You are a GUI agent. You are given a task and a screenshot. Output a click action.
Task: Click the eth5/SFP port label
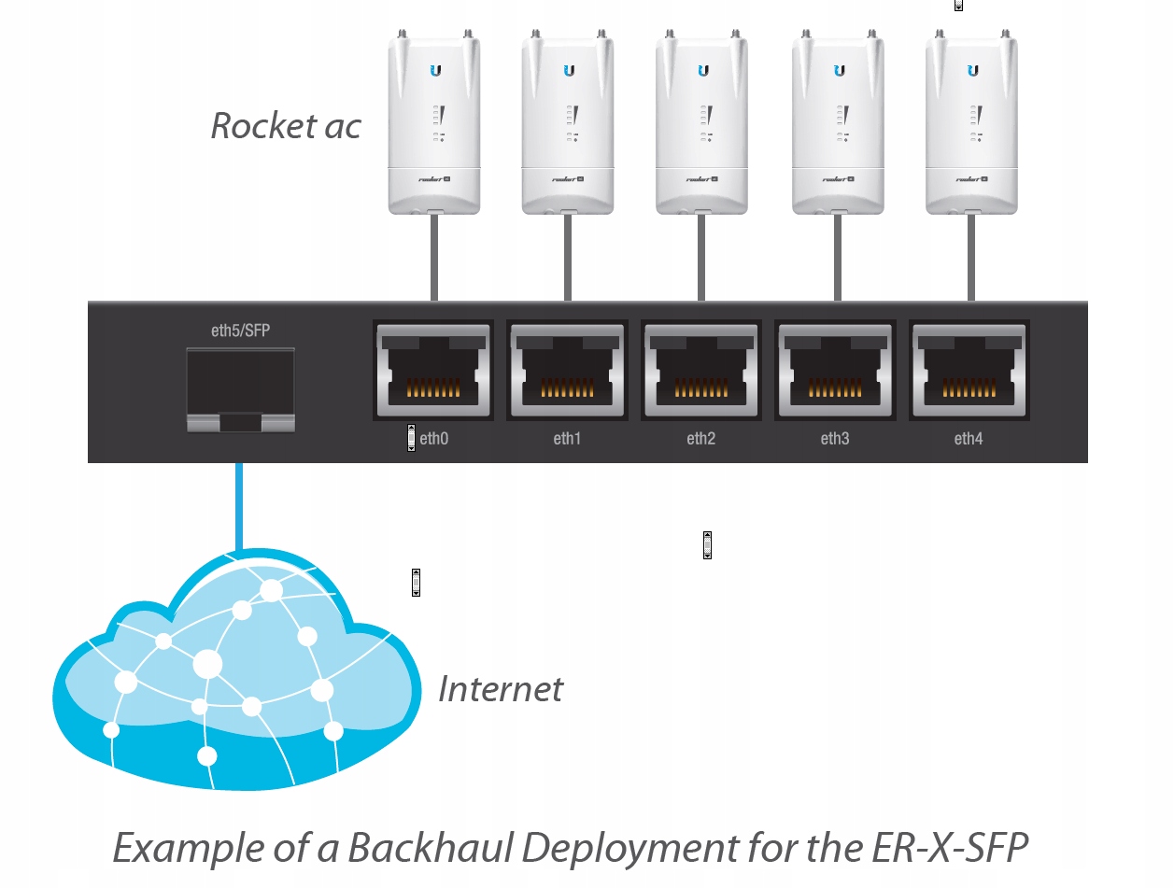(240, 331)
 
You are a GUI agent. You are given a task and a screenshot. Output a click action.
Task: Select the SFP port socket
(240, 389)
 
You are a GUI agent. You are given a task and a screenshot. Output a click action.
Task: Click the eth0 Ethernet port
(433, 371)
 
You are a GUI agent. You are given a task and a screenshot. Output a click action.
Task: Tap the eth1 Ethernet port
(567, 371)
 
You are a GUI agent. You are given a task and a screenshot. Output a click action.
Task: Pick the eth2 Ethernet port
(701, 371)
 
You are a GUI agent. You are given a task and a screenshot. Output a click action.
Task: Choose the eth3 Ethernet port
(835, 371)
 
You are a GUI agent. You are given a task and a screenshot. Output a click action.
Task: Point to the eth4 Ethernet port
(969, 371)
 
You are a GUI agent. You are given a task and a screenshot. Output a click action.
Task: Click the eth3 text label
(835, 438)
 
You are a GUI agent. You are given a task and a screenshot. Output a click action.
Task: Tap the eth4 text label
(969, 438)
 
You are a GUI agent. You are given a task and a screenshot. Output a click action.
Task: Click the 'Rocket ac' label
(286, 126)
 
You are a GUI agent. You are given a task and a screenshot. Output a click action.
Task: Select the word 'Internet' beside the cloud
(501, 689)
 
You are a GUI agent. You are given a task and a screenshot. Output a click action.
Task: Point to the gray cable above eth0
(434, 257)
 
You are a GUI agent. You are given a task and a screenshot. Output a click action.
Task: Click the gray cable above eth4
(971, 257)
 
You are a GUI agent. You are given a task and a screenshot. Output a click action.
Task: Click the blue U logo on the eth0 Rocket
(434, 70)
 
